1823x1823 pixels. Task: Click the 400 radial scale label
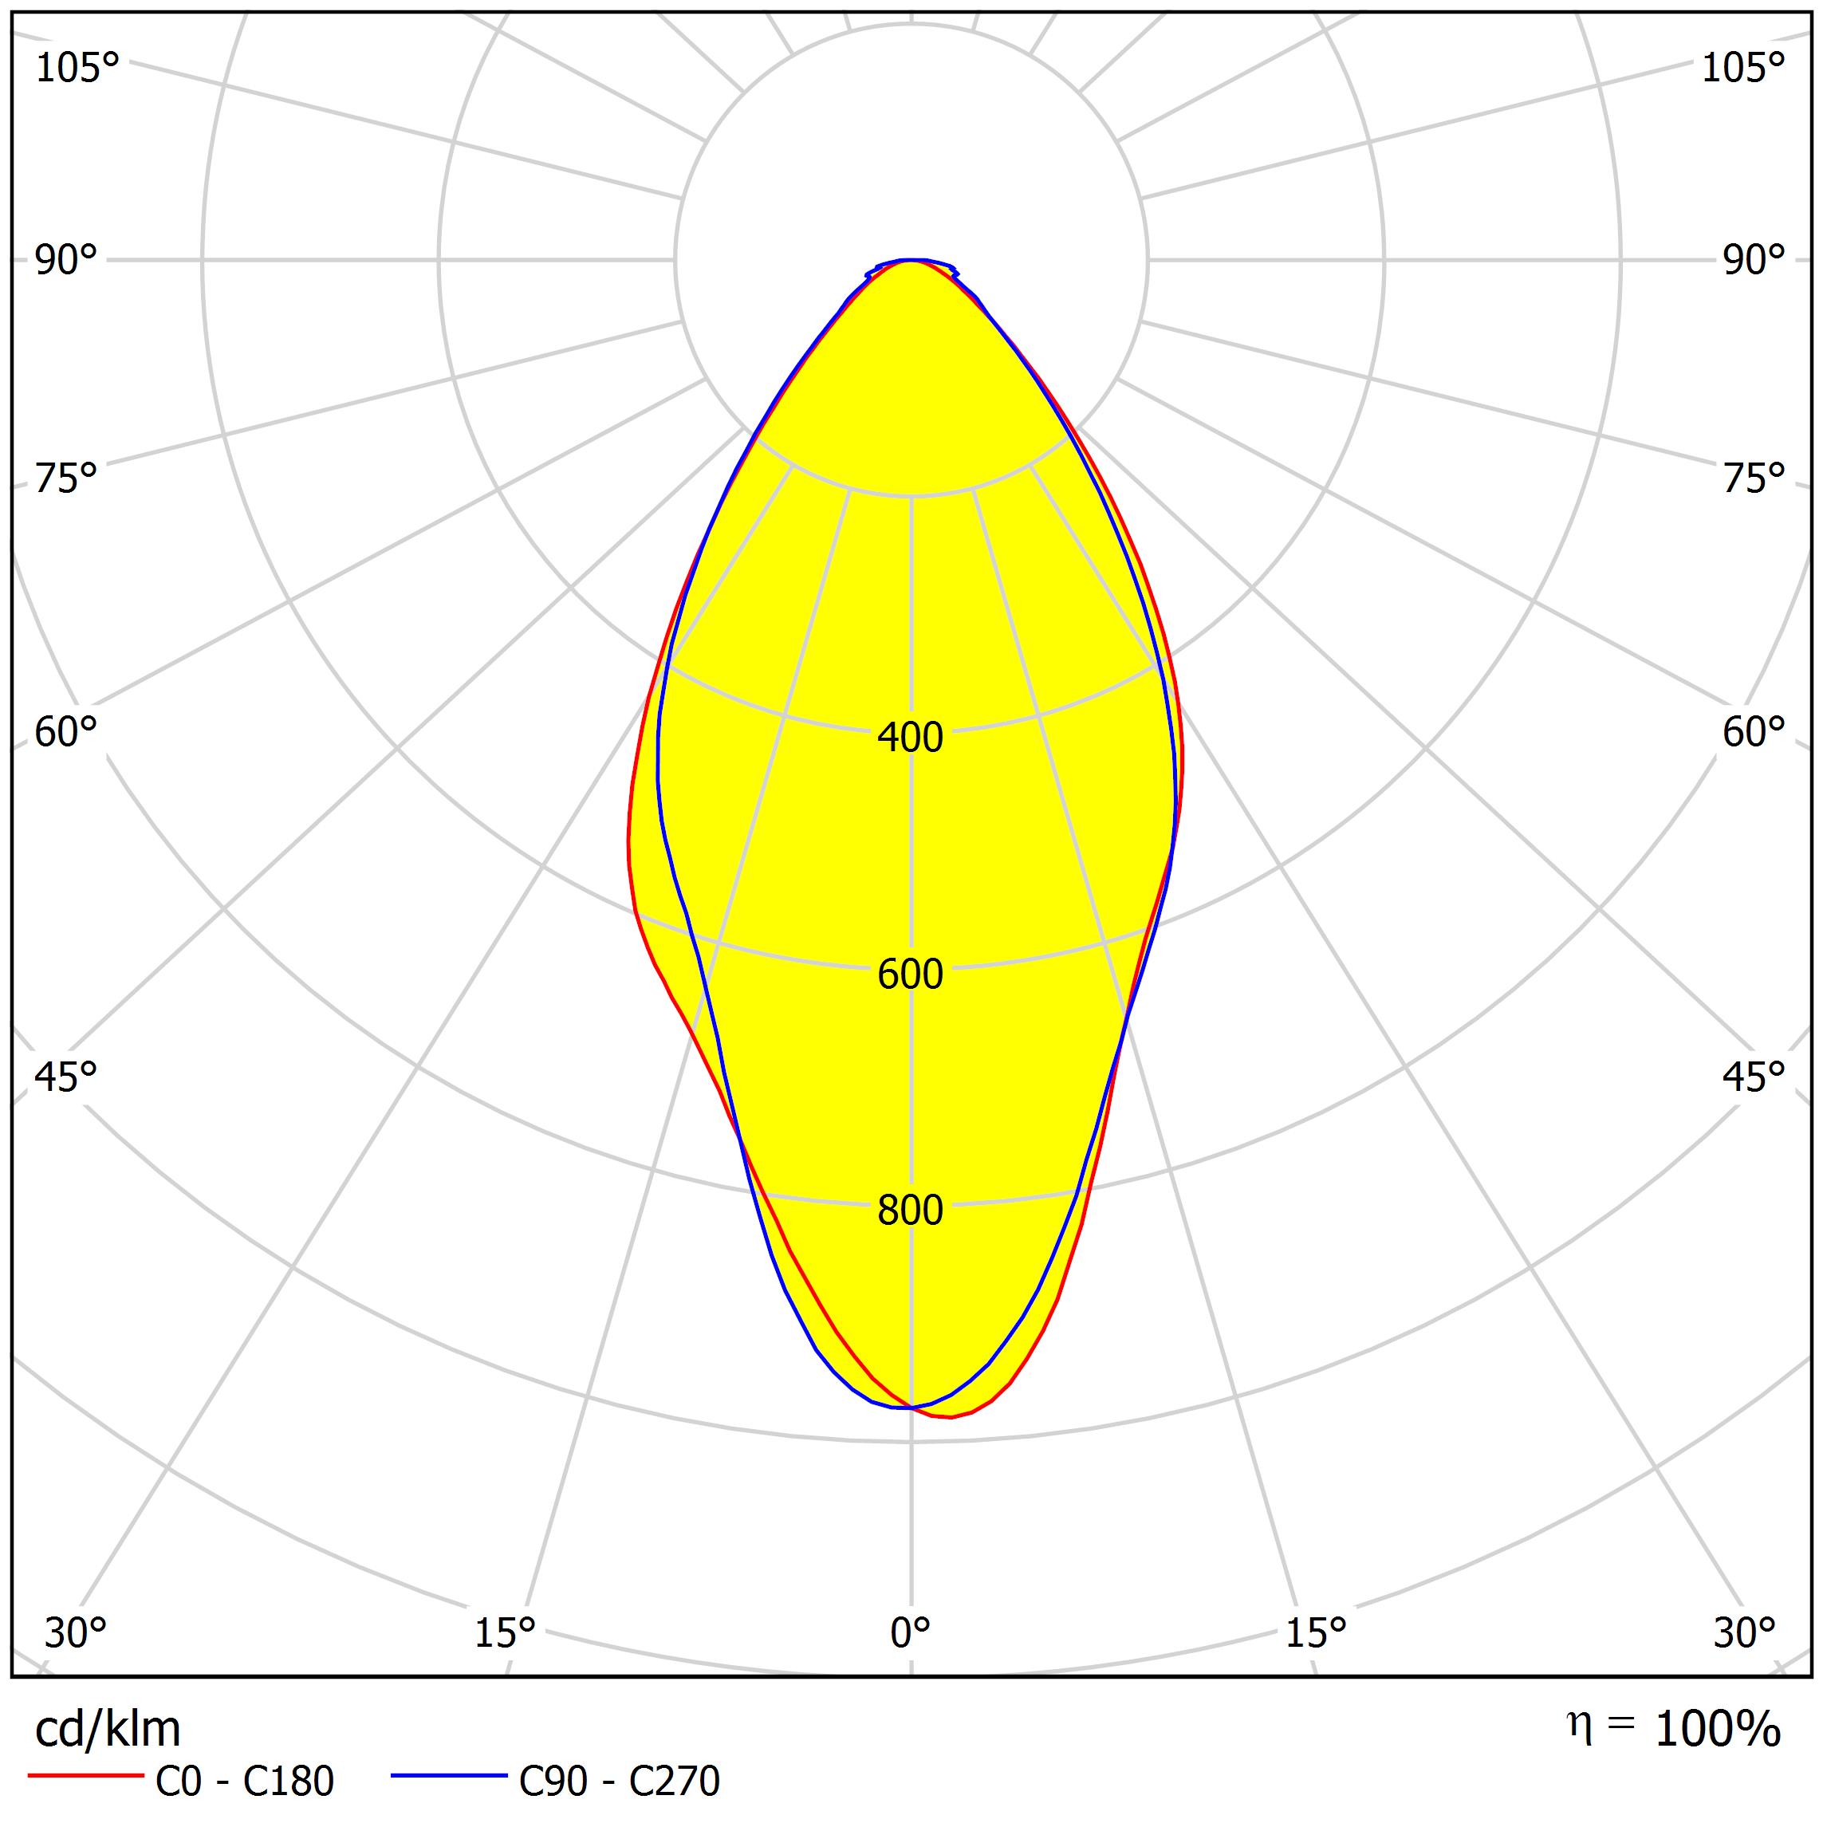[910, 737]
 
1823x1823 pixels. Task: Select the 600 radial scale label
[910, 974]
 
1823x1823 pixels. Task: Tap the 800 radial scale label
[910, 1211]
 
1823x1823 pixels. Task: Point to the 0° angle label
[910, 1633]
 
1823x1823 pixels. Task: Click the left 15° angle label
[505, 1633]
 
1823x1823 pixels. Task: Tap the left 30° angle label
[76, 1633]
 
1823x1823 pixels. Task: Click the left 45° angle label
[66, 1077]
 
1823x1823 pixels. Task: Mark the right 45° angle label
[1753, 1077]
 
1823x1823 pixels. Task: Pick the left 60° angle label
[66, 732]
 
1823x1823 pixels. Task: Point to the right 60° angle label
[1753, 732]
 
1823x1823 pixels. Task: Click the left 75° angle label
[66, 479]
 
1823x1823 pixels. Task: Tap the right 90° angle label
[1753, 261]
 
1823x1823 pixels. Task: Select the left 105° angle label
[77, 69]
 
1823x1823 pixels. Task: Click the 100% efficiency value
[1717, 1730]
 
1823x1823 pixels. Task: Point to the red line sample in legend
[85, 1776]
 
